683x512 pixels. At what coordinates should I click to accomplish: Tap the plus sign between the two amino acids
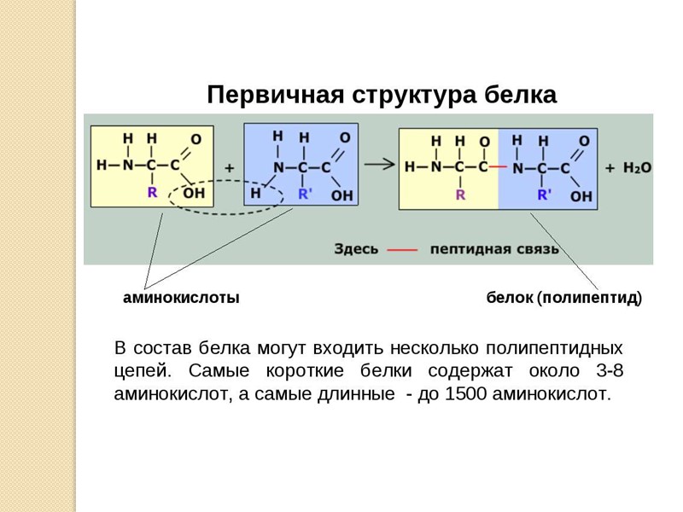(x=229, y=168)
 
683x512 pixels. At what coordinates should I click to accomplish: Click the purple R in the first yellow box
(x=152, y=192)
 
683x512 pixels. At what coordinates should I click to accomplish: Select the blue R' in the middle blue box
(x=306, y=194)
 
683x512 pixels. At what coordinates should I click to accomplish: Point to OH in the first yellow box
(x=194, y=194)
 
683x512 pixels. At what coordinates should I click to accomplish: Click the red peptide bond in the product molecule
(x=499, y=166)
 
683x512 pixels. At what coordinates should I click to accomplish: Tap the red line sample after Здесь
(x=402, y=250)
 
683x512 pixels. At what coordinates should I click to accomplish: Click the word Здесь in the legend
(x=356, y=249)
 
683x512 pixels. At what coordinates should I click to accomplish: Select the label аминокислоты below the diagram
(x=181, y=298)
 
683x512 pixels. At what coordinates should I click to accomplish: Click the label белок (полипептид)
(x=563, y=298)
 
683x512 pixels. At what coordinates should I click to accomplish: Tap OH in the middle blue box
(x=341, y=195)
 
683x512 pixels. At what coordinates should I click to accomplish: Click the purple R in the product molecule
(x=460, y=194)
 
